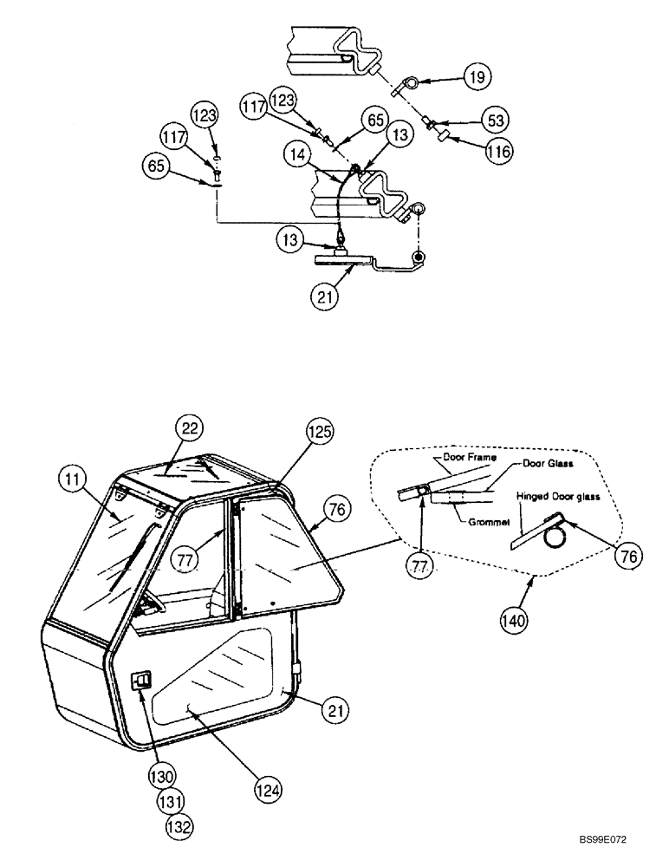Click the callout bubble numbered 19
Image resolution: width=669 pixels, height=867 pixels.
(x=476, y=78)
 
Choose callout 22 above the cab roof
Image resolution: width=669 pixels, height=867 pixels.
(x=188, y=427)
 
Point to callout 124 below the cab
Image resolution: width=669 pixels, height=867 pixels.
(x=270, y=790)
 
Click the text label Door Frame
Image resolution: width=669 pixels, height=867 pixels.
(x=457, y=455)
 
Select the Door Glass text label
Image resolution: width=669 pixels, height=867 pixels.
(x=545, y=464)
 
